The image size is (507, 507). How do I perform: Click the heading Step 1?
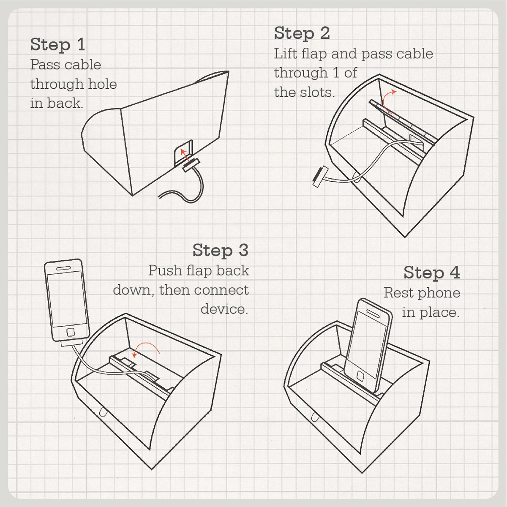tap(57, 45)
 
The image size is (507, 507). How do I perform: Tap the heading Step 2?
tap(302, 33)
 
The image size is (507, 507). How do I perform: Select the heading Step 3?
tap(221, 250)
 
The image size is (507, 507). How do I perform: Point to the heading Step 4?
tap(432, 273)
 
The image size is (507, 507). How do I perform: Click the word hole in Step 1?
tap(102, 84)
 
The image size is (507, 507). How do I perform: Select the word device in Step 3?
tap(224, 309)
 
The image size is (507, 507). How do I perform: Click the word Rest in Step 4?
tap(398, 293)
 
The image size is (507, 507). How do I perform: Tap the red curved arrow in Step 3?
tap(145, 346)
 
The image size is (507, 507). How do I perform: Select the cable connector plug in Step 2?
tap(320, 177)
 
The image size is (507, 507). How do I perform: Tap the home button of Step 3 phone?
tap(71, 332)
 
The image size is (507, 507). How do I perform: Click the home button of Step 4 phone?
tap(360, 376)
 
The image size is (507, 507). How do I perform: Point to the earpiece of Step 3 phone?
tap(63, 268)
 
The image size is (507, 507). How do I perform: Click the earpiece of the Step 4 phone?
tap(373, 313)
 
